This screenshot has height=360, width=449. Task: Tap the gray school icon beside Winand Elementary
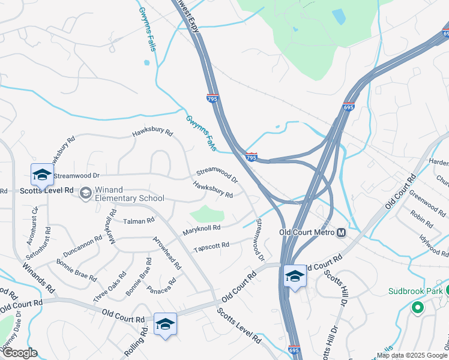(86, 193)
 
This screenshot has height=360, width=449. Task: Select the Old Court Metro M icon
(341, 232)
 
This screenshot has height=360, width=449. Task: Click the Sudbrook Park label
(415, 291)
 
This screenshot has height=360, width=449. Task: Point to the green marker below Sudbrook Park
(417, 309)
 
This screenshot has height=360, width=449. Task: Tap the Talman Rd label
(139, 221)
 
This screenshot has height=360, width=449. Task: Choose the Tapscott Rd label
(212, 247)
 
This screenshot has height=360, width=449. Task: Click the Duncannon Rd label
(83, 246)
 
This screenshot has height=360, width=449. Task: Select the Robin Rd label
(422, 218)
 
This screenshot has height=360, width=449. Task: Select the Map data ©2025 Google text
(412, 355)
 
